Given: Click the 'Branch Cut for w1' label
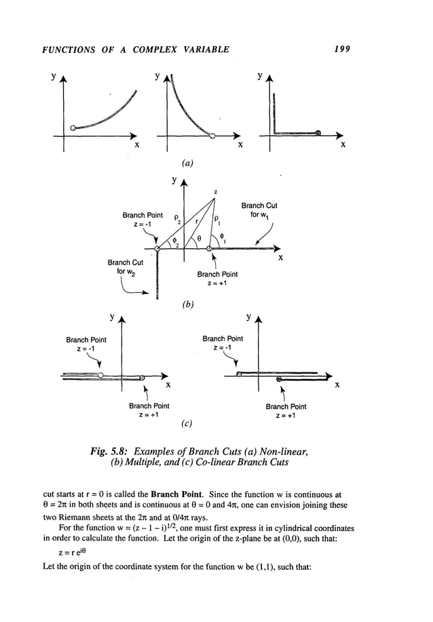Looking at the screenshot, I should tap(259, 209).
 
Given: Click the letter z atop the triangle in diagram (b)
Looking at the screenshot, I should tap(215, 192).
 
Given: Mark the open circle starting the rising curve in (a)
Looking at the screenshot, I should tap(73, 128).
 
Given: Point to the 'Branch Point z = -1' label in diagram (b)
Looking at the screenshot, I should tap(141, 220).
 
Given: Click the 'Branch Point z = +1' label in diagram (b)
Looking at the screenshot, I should tap(217, 279).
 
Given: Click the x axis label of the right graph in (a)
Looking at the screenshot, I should tap(342, 144).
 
